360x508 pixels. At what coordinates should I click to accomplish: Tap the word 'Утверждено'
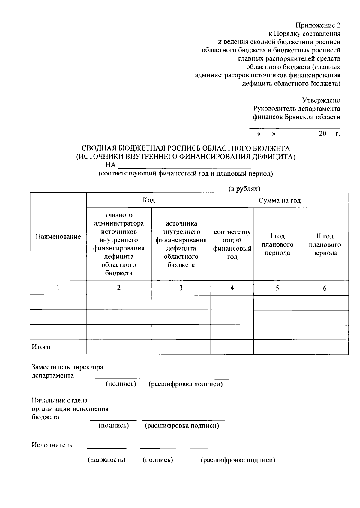(321, 100)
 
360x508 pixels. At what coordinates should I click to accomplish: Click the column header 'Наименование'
(58, 237)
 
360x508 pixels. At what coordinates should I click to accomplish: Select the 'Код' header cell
(149, 200)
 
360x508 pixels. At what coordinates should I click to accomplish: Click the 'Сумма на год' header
(280, 200)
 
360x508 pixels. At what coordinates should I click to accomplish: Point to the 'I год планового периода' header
(277, 244)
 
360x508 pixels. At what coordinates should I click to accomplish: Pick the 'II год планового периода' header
(325, 244)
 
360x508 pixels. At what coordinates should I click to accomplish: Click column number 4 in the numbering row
(232, 288)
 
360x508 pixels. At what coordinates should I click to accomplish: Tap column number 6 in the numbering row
(325, 288)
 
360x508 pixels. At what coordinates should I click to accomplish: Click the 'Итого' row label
(41, 347)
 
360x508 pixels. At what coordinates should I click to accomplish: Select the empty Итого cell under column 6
(325, 347)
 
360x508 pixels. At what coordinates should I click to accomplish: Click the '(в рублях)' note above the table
(244, 189)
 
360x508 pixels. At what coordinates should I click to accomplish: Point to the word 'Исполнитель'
(52, 445)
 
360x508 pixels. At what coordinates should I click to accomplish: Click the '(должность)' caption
(106, 460)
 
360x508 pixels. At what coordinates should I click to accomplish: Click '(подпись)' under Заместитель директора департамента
(121, 384)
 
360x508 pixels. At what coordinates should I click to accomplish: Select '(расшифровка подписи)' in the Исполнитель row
(238, 460)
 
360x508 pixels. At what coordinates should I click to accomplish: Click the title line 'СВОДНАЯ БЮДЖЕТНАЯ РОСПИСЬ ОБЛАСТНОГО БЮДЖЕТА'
(186, 148)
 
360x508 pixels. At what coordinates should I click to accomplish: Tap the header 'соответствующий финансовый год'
(232, 244)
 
